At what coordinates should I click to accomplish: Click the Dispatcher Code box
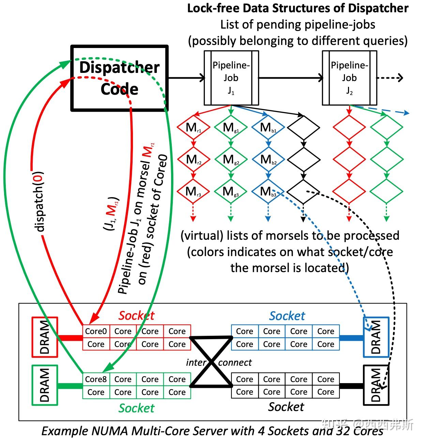point(119,78)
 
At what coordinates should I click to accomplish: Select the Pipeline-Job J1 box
point(231,78)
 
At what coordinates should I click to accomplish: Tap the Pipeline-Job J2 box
point(349,78)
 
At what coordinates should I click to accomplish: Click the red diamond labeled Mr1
point(193,128)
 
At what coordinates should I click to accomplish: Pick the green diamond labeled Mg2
point(231,159)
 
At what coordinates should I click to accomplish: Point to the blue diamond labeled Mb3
point(268,191)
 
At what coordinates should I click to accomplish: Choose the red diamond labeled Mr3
point(193,191)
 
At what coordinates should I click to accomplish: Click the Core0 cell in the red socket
point(96,331)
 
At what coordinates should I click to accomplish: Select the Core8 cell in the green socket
point(96,379)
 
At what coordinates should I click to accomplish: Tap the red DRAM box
point(45,337)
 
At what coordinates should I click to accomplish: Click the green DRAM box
point(45,385)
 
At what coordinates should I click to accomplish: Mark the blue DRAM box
point(376,337)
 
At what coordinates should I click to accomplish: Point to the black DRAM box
point(376,385)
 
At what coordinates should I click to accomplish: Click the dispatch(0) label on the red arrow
point(40,201)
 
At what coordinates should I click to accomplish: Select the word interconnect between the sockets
point(218,362)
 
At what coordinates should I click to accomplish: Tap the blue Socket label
point(287,316)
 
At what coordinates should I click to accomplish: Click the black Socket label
point(286,407)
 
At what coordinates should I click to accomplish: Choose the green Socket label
point(136,408)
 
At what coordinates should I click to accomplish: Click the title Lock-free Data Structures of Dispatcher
point(298,8)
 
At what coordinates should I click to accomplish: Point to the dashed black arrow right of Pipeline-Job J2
point(390,78)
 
